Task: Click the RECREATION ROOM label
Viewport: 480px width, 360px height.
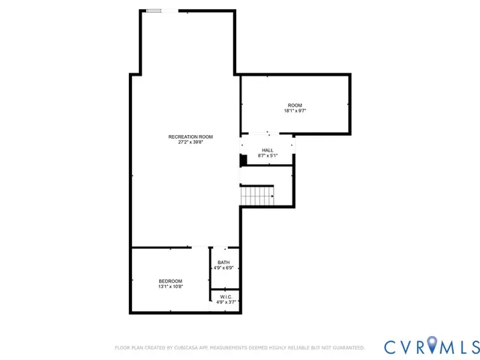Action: click(x=190, y=136)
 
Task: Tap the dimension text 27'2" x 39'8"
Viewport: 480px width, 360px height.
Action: click(x=190, y=142)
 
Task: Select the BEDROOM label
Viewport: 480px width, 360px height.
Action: click(x=170, y=280)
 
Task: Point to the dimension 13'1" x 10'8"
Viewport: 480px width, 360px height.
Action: click(x=170, y=286)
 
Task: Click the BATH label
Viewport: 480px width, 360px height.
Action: click(x=223, y=262)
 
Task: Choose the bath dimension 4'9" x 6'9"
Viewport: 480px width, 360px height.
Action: click(x=223, y=268)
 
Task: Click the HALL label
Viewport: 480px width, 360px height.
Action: click(x=268, y=150)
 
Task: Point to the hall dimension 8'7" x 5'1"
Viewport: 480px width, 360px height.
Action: click(x=268, y=156)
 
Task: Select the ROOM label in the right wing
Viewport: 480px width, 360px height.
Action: click(x=295, y=104)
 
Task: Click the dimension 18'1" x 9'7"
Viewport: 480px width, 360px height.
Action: click(x=295, y=110)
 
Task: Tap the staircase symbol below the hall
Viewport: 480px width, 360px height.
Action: click(x=256, y=196)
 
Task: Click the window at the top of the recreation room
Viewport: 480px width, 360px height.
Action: click(x=154, y=10)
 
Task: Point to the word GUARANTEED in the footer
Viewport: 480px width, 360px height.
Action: click(x=347, y=348)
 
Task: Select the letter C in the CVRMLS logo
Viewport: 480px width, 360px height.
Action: click(x=392, y=346)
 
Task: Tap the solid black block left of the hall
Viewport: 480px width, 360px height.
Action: click(x=243, y=160)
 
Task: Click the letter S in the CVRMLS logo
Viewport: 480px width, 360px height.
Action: click(x=472, y=346)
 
